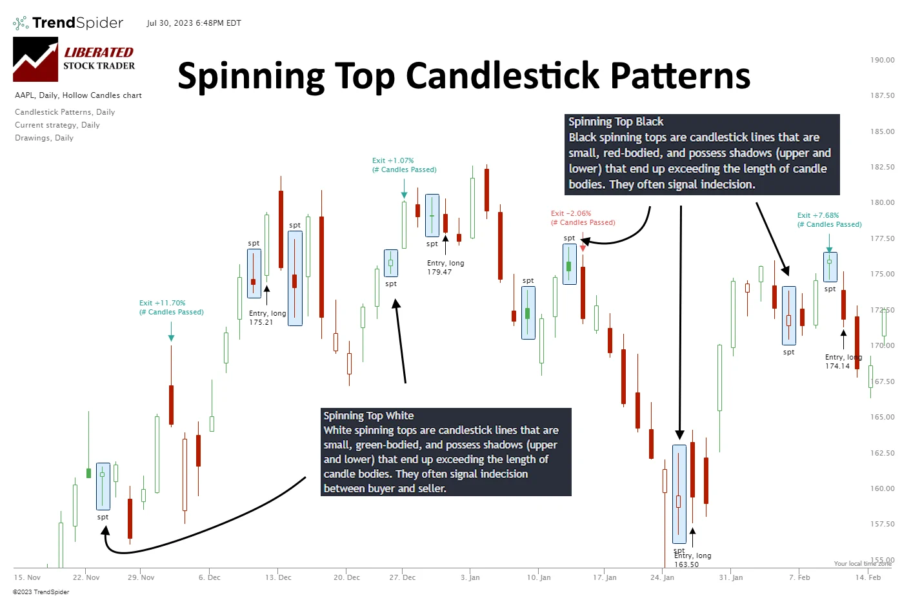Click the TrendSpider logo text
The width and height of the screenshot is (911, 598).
click(77, 23)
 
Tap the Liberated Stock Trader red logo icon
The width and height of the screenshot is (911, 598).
click(35, 59)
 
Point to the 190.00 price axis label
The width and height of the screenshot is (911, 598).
click(882, 60)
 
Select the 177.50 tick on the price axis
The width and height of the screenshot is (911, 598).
click(882, 238)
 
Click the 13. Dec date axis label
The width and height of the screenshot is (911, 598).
click(278, 577)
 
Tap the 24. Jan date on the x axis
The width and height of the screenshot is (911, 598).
click(662, 577)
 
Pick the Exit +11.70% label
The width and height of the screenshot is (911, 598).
click(162, 303)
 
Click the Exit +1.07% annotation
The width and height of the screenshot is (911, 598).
click(393, 160)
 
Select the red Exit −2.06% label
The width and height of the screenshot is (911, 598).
click(571, 213)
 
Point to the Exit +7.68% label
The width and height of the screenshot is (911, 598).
click(818, 215)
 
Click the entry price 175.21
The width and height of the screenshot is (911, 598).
click(261, 322)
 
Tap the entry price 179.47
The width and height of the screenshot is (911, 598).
click(439, 272)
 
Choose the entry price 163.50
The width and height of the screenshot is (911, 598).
click(686, 564)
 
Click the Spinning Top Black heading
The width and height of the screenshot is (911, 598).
click(616, 122)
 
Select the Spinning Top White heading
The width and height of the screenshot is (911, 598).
click(368, 416)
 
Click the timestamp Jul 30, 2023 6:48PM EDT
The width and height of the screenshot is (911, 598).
click(194, 23)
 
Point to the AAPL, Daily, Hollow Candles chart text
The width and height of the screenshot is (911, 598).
click(78, 95)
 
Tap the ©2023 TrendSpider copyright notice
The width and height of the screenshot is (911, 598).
click(41, 592)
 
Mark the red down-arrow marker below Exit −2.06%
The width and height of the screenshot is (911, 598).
click(583, 248)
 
